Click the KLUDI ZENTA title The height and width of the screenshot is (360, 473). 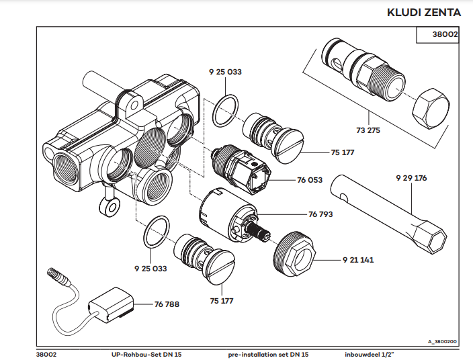(x=425, y=13)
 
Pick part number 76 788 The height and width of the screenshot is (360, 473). (x=167, y=304)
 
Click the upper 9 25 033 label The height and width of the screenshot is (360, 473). (x=226, y=71)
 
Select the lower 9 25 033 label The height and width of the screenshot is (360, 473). (x=150, y=268)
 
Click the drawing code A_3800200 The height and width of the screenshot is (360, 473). (x=442, y=341)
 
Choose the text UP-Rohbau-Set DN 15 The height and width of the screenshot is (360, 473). (x=146, y=353)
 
